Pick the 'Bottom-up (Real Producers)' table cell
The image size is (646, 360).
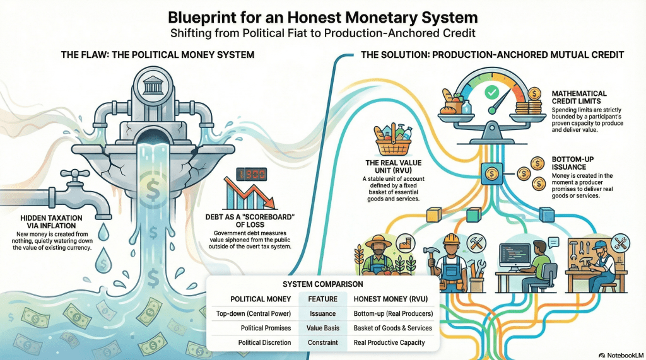[392, 313]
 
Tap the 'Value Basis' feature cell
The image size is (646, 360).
[322, 328]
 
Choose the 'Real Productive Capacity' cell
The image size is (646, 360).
[389, 343]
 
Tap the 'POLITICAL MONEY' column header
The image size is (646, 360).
[261, 298]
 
